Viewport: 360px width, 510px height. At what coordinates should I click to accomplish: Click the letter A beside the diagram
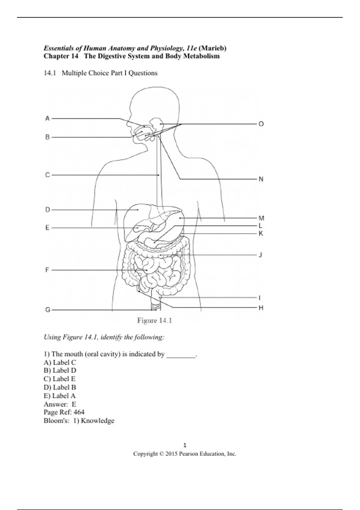click(x=47, y=118)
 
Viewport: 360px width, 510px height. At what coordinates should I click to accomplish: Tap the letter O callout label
click(x=261, y=124)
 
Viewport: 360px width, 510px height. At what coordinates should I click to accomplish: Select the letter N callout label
click(x=261, y=179)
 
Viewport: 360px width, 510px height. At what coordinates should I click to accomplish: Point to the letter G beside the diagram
click(x=48, y=310)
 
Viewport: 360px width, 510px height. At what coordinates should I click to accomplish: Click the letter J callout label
click(x=260, y=255)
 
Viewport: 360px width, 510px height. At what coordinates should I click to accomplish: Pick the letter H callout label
click(x=261, y=308)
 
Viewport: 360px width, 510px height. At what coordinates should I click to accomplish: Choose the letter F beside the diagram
click(x=47, y=270)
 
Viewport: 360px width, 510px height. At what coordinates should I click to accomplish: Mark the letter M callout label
click(x=261, y=218)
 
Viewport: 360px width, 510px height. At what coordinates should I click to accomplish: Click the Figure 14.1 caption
click(x=154, y=321)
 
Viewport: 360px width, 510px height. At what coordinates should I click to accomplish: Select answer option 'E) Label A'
click(x=60, y=396)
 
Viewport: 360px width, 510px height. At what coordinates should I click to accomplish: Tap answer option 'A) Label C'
click(x=60, y=362)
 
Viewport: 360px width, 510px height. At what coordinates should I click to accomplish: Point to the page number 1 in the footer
click(x=185, y=445)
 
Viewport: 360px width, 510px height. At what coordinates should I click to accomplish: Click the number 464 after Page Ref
click(x=79, y=412)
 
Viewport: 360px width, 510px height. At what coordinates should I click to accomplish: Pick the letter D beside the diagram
click(x=47, y=210)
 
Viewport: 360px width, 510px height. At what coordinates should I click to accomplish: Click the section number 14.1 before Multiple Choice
click(x=50, y=73)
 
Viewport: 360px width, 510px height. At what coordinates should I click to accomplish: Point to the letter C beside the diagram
click(x=47, y=175)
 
